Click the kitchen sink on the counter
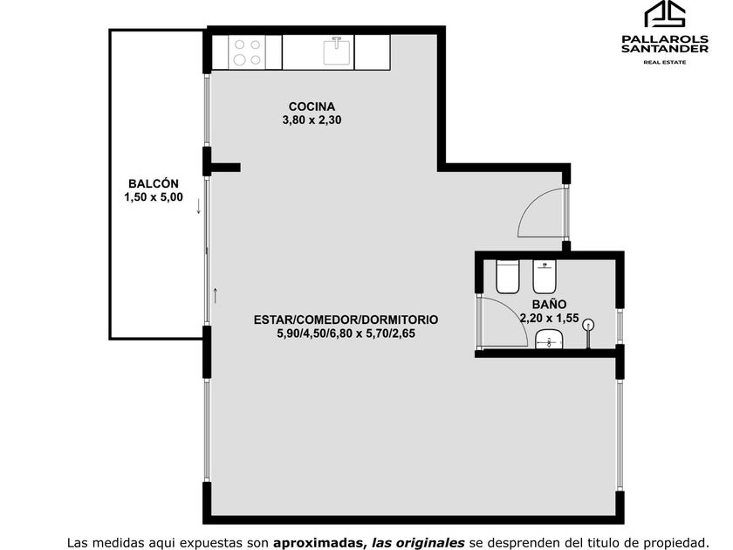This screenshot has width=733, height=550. tap(337, 52)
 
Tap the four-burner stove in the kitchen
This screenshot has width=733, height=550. tap(247, 52)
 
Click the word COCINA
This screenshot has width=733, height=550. tap(312, 107)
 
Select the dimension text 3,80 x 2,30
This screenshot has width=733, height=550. tap(312, 120)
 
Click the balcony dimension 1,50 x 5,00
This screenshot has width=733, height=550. tap(154, 197)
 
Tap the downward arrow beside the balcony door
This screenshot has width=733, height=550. tap(199, 206)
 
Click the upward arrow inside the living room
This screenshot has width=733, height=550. tap(215, 296)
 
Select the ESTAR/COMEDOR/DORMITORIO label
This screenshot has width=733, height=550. tap(346, 320)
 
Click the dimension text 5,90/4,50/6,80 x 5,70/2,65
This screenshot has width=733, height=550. tap(346, 333)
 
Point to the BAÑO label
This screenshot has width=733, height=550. tap(549, 305)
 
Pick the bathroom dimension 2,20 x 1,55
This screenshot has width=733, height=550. tap(550, 318)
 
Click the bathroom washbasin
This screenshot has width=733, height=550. tap(549, 339)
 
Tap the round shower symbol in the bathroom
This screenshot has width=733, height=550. tap(590, 324)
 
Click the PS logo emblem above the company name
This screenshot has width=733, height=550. tap(665, 14)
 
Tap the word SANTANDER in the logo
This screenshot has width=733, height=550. tap(665, 49)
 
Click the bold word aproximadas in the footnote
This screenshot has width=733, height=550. tap(319, 543)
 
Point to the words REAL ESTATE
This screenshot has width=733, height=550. tap(665, 62)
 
